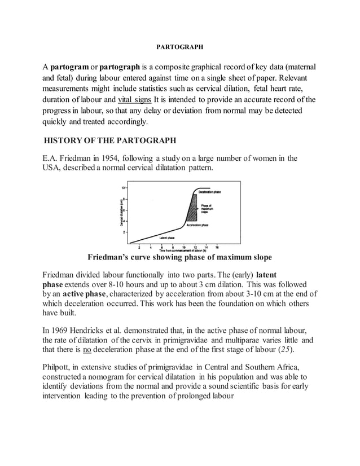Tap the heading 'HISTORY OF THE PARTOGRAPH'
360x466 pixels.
click(x=111, y=139)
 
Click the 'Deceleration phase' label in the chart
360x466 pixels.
click(x=209, y=192)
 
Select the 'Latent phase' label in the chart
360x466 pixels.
click(x=167, y=238)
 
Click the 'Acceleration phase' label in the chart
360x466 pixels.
click(x=208, y=224)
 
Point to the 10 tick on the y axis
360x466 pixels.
click(x=122, y=187)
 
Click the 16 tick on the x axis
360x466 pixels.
click(x=217, y=247)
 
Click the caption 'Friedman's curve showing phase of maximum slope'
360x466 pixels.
click(x=179, y=257)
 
